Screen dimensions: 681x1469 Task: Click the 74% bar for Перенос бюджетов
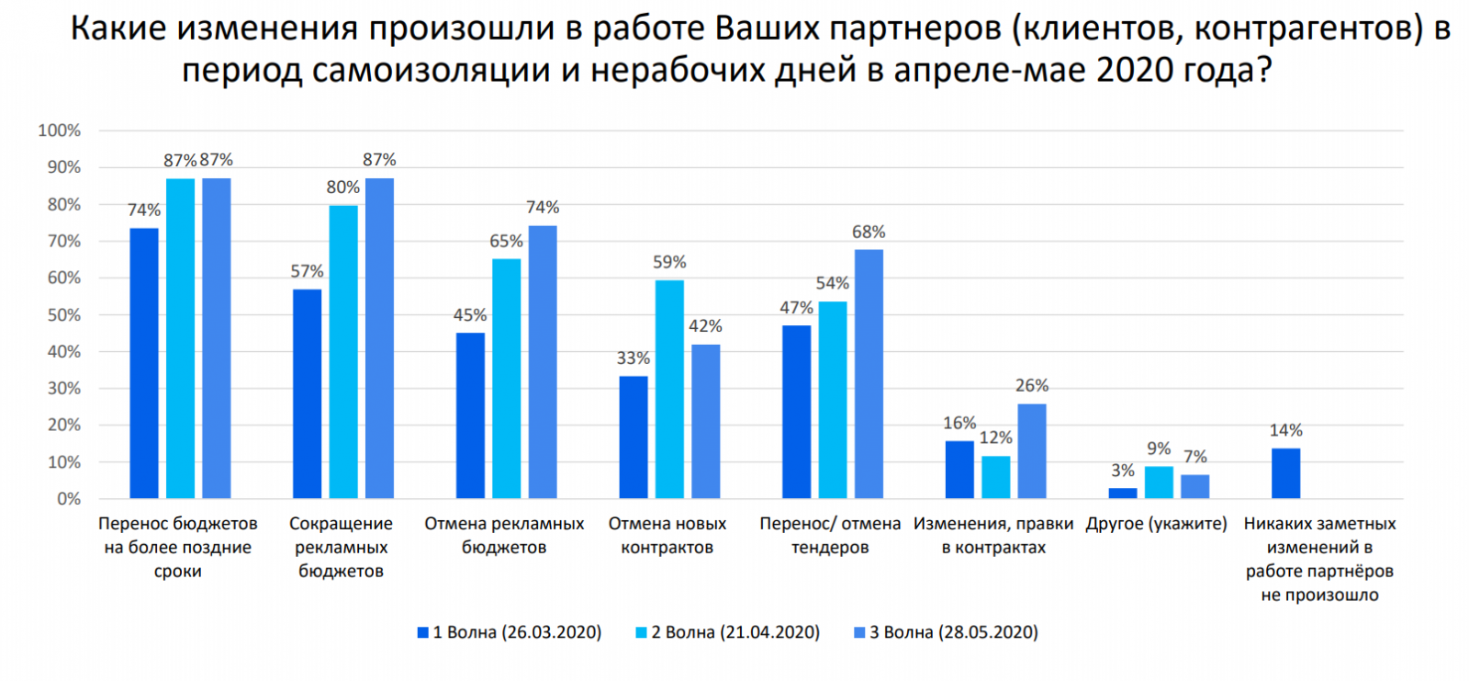(x=144, y=363)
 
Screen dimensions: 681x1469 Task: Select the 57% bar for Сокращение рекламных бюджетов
(x=307, y=393)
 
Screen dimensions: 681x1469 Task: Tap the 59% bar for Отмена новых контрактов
(x=669, y=389)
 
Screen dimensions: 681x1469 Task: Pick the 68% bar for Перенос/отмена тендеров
(x=869, y=374)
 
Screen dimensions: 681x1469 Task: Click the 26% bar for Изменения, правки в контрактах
(x=1032, y=451)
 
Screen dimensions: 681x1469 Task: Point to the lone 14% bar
(x=1285, y=473)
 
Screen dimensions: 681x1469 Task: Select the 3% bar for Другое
(x=1122, y=494)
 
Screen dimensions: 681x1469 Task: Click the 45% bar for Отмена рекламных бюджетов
(x=470, y=415)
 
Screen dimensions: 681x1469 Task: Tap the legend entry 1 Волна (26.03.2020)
(x=510, y=632)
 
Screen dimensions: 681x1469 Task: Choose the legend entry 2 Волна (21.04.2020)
(x=727, y=632)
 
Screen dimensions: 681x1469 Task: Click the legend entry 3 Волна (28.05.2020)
(x=946, y=632)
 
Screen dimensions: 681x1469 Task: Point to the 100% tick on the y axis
(x=60, y=131)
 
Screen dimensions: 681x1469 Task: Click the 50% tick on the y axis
(x=63, y=315)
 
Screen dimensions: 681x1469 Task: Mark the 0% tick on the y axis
(x=68, y=499)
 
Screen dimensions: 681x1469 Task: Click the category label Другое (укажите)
(x=1156, y=524)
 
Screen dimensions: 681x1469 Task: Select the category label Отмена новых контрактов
(x=667, y=535)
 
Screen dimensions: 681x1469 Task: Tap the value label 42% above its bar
(x=705, y=326)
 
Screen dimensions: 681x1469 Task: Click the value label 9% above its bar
(x=1159, y=448)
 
